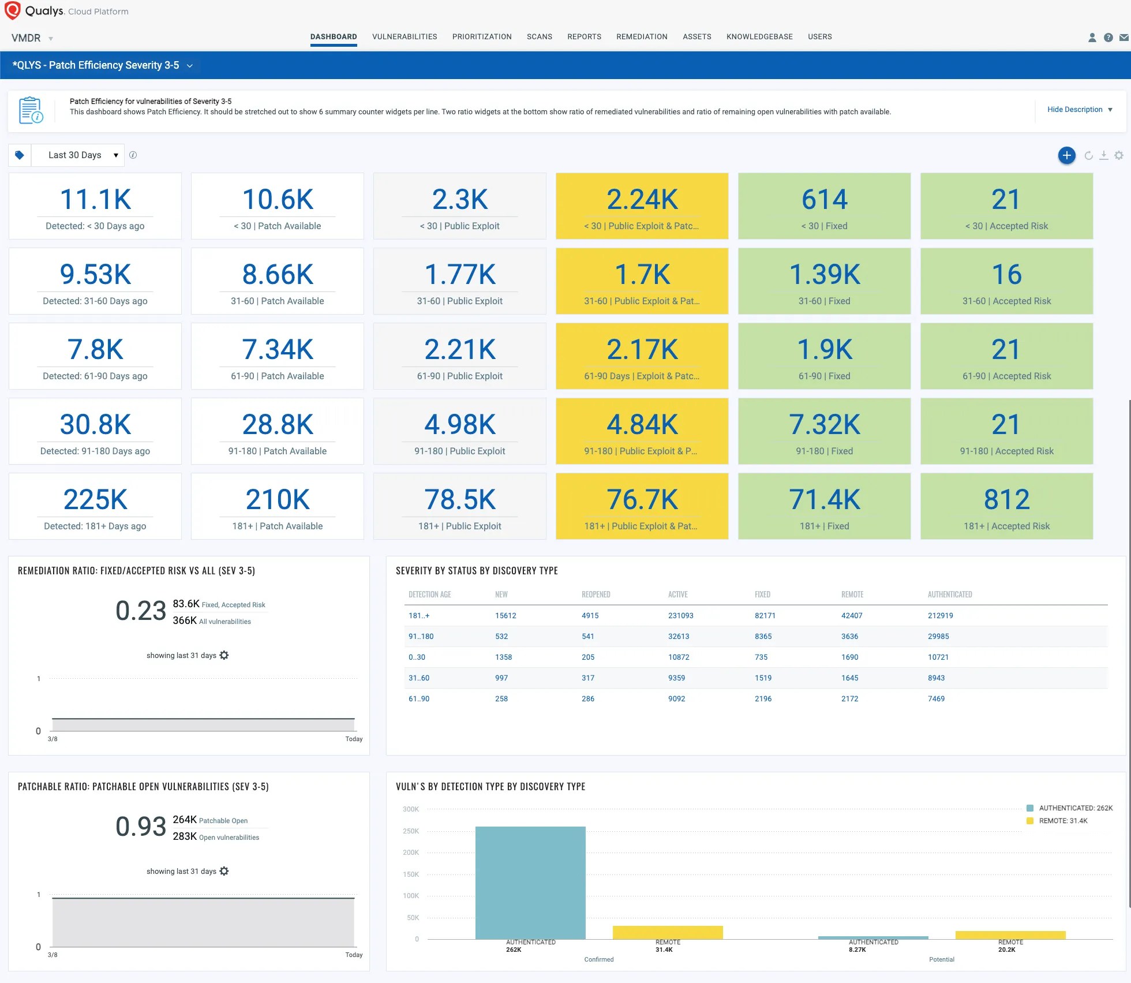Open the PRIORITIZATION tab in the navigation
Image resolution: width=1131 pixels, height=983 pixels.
(x=481, y=36)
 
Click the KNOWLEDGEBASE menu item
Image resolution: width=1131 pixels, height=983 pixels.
(x=759, y=36)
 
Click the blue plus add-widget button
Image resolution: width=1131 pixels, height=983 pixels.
(x=1066, y=155)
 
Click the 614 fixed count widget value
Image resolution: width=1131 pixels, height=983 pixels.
(x=824, y=199)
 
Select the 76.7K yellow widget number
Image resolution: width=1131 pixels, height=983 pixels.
(x=642, y=499)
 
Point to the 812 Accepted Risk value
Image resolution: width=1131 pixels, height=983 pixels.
(x=1006, y=499)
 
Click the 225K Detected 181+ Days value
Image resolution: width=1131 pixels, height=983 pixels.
(x=95, y=499)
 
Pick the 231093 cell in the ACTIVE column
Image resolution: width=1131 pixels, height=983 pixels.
(x=680, y=615)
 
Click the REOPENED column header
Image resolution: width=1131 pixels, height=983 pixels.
(x=596, y=594)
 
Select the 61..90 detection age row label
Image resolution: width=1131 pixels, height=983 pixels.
(x=419, y=698)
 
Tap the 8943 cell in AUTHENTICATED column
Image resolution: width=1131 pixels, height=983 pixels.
(x=936, y=678)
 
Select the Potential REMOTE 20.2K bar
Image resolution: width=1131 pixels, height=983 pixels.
(x=1010, y=935)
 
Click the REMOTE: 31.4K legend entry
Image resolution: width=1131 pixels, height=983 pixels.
(x=1062, y=820)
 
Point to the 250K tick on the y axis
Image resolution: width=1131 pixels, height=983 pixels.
(x=411, y=831)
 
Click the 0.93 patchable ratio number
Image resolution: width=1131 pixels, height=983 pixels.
(x=141, y=826)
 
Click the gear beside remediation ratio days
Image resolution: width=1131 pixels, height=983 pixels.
(x=224, y=655)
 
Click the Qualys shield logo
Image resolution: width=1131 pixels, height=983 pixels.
(x=13, y=10)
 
